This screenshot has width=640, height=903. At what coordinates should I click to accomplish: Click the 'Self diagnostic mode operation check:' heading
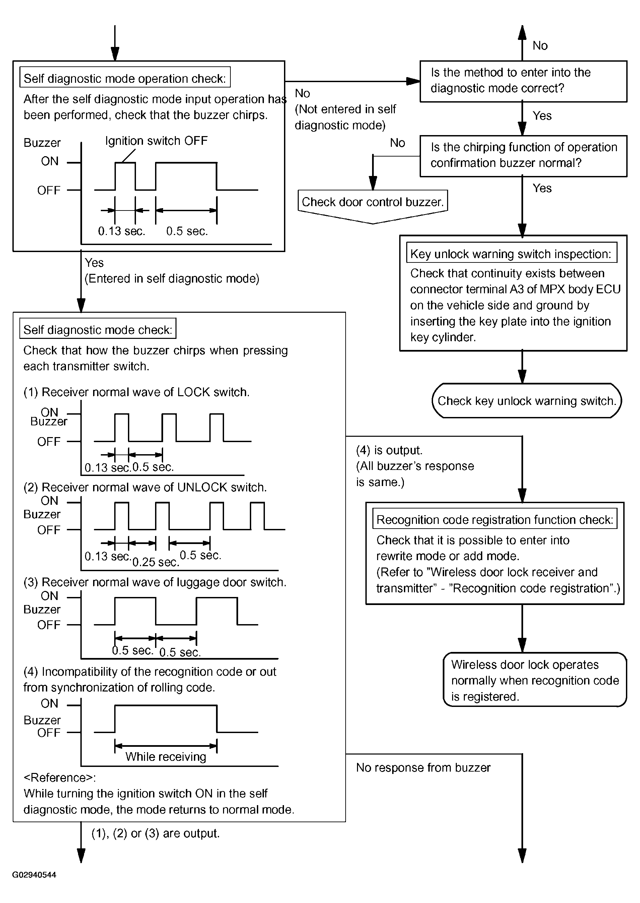pyautogui.click(x=125, y=78)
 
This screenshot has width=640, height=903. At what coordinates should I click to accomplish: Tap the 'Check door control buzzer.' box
pyautogui.click(x=372, y=202)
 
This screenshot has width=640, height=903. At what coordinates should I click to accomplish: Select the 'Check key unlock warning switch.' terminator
pyautogui.click(x=526, y=401)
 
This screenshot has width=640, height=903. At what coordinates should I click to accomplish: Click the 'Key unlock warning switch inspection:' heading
pyautogui.click(x=511, y=253)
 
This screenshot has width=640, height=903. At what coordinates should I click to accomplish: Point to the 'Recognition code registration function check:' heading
pyautogui.click(x=495, y=519)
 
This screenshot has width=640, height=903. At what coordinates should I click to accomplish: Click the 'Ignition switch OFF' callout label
pyautogui.click(x=156, y=141)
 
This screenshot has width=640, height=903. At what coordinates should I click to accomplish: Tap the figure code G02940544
pyautogui.click(x=34, y=874)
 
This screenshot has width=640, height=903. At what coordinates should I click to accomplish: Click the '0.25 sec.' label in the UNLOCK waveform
pyautogui.click(x=156, y=562)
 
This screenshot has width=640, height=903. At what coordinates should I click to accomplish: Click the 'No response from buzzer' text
pyautogui.click(x=423, y=767)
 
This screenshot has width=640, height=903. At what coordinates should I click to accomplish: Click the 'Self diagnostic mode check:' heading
pyautogui.click(x=98, y=329)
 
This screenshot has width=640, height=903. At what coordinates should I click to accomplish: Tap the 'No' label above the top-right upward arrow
pyautogui.click(x=540, y=46)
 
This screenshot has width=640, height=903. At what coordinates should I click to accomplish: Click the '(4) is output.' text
pyautogui.click(x=389, y=450)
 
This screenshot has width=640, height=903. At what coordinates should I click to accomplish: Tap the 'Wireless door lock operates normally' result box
pyautogui.click(x=535, y=680)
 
